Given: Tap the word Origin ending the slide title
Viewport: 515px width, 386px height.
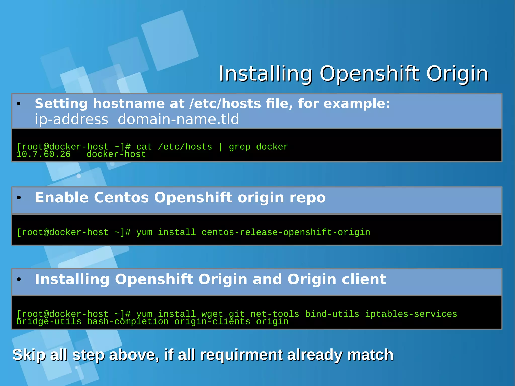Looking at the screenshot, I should (x=457, y=74).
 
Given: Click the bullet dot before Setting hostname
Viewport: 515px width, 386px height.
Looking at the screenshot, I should (x=19, y=104).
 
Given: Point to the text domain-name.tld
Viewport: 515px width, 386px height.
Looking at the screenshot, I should (x=178, y=119).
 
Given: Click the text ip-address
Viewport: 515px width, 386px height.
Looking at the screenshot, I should (x=71, y=119).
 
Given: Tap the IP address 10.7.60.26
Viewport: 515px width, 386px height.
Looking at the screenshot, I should (x=43, y=154).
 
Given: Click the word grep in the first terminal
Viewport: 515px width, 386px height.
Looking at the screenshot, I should (x=239, y=147).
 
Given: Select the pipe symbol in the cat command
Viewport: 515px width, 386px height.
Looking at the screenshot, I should (x=221, y=147).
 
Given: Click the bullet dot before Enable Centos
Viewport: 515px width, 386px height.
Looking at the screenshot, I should (x=19, y=198).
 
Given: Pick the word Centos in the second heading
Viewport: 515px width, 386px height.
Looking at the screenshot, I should (x=121, y=198).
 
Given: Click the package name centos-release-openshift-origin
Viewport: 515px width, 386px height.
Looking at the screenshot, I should (x=286, y=232).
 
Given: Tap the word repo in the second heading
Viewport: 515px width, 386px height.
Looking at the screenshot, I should (x=308, y=198).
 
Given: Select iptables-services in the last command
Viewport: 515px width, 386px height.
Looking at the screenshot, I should (x=411, y=314).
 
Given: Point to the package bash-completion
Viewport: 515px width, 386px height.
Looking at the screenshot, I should (x=128, y=322).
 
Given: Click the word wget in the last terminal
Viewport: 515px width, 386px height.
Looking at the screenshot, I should (x=212, y=314).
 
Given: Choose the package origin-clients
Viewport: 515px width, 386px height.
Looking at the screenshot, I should (x=212, y=322).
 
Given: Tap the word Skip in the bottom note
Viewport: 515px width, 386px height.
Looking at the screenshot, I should (x=29, y=355).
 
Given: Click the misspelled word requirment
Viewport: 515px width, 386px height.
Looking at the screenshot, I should (x=241, y=355).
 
